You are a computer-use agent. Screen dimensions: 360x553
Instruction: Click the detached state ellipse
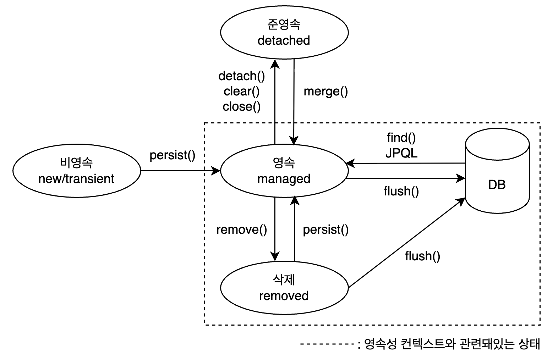(284, 33)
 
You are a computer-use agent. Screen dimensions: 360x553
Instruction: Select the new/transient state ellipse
(76, 171)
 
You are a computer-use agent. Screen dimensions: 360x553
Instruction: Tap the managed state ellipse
(284, 171)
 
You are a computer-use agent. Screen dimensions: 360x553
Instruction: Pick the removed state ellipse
(284, 288)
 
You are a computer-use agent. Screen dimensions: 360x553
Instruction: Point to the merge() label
(325, 92)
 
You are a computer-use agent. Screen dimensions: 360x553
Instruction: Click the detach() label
(241, 76)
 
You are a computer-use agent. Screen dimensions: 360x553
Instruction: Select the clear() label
(241, 92)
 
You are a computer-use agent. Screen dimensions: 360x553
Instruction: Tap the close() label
(241, 107)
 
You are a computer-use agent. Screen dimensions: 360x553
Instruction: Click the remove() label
(241, 230)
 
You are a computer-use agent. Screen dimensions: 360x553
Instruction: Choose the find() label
(401, 137)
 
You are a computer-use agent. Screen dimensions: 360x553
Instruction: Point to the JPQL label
(401, 153)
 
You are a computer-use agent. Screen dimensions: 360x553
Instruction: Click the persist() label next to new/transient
(172, 155)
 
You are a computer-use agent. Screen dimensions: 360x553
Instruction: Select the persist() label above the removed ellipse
(325, 230)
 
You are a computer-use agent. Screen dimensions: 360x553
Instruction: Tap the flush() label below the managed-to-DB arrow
(401, 192)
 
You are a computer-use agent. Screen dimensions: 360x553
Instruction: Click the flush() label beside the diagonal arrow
(422, 256)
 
